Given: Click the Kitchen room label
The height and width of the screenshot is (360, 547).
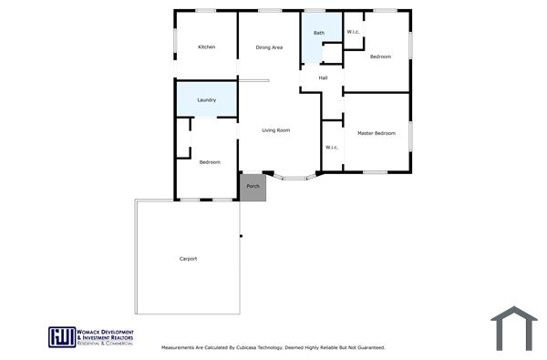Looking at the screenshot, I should (207, 46).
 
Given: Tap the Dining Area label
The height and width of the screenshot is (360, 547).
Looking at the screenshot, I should (269, 46).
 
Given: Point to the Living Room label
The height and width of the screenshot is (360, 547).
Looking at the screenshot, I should (275, 130).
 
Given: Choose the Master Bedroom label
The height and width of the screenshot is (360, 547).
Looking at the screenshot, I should (377, 133).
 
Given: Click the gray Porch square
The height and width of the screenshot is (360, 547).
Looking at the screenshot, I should (253, 187).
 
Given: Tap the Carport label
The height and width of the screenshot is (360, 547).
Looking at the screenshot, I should (188, 259).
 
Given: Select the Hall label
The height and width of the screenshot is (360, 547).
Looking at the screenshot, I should (323, 77).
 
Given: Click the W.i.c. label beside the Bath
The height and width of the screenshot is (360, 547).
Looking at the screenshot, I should (354, 33).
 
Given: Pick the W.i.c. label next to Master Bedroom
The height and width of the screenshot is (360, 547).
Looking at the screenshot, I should (331, 147).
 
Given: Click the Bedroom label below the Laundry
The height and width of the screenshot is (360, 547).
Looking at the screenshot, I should (210, 161).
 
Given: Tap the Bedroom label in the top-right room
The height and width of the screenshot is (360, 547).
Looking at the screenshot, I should (380, 57).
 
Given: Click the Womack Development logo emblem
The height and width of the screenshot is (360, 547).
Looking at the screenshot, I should (62, 336).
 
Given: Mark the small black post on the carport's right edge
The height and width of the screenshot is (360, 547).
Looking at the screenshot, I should (242, 237).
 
